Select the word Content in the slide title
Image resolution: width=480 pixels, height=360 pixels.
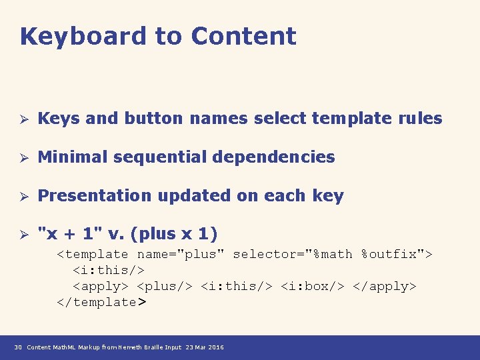pos(243,36)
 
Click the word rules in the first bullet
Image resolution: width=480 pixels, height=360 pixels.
pos(420,119)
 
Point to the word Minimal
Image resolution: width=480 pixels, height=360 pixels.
pos(73,157)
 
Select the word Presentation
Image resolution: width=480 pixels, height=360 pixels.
pos(95,196)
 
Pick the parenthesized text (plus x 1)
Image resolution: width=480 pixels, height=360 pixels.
pos(175,234)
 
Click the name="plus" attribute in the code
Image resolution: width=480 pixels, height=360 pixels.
pos(181,255)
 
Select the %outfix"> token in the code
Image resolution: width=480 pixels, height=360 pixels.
pos(397,255)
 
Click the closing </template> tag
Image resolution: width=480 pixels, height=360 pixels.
pos(101,303)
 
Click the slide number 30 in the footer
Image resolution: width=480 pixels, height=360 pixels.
pos(18,347)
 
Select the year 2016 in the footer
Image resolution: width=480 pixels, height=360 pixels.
pos(216,347)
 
